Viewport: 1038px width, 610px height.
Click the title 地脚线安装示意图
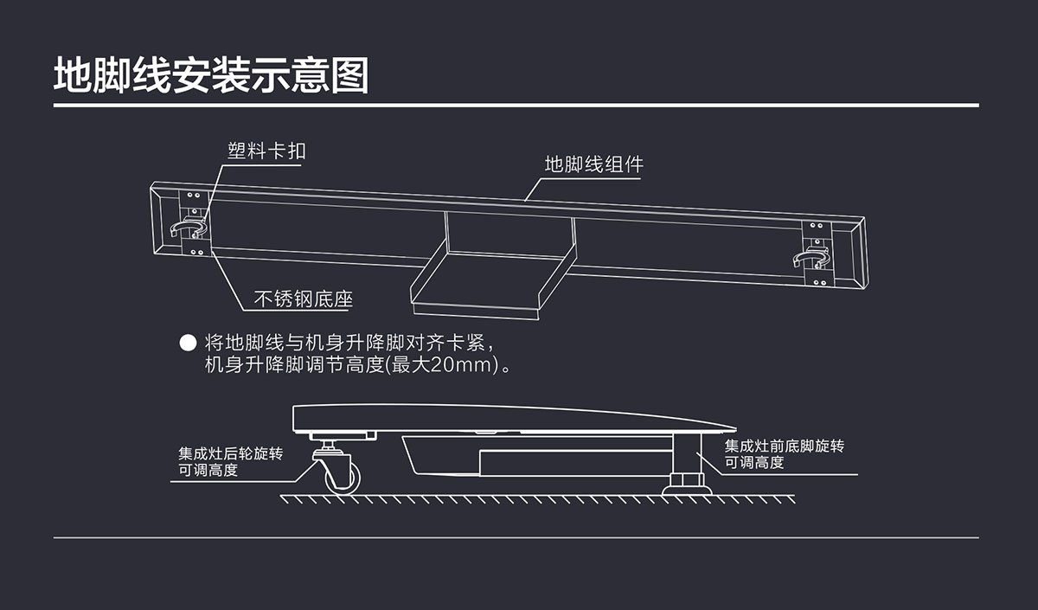(x=210, y=76)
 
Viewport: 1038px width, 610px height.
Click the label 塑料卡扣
(x=266, y=151)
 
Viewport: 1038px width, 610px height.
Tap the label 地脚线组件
(x=593, y=164)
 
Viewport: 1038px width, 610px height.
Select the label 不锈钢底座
(x=303, y=300)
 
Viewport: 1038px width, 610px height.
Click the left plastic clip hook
(x=189, y=227)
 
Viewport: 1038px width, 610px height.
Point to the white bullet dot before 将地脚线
(x=187, y=342)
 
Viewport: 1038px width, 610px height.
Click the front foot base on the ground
(x=687, y=490)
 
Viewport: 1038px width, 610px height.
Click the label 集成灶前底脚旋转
(x=784, y=446)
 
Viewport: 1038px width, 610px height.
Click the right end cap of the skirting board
(x=855, y=255)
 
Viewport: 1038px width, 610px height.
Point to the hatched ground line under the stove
(x=536, y=499)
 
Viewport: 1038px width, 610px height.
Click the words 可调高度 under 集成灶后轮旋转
(x=208, y=471)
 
